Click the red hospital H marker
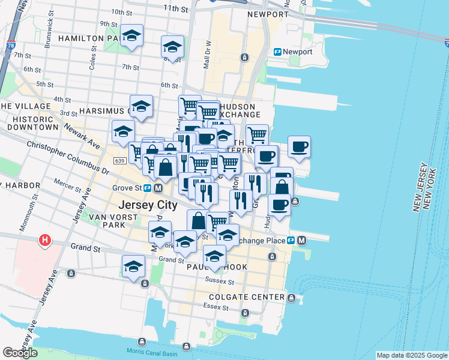44,241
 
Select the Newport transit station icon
278,52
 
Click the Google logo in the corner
20,353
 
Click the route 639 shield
118,161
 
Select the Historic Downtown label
29,124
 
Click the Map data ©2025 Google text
411,355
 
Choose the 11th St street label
175,8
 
